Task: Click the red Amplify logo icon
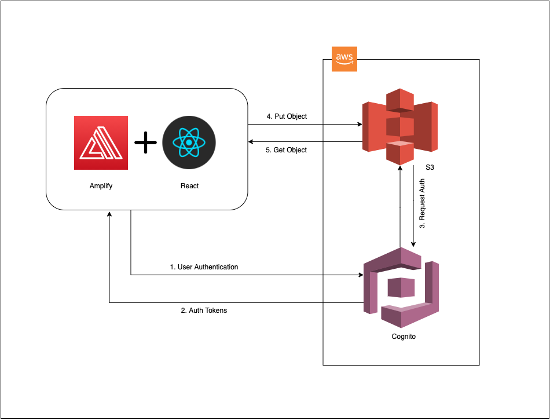[101, 143]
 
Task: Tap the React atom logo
[189, 143]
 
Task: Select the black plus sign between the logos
[145, 143]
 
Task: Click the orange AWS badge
[344, 59]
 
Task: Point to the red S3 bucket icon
[400, 126]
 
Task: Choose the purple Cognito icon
[400, 287]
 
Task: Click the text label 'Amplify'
[101, 186]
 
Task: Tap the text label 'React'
[189, 186]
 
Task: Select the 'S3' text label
[430, 167]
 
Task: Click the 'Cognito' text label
[400, 337]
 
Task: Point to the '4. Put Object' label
[287, 116]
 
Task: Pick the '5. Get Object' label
[287, 150]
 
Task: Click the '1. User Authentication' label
[204, 267]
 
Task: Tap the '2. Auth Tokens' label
[204, 311]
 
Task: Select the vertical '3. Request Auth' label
[422, 203]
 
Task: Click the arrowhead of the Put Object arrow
[360, 125]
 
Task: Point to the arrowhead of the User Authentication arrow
[360, 275]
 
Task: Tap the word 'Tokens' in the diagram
[215, 311]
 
